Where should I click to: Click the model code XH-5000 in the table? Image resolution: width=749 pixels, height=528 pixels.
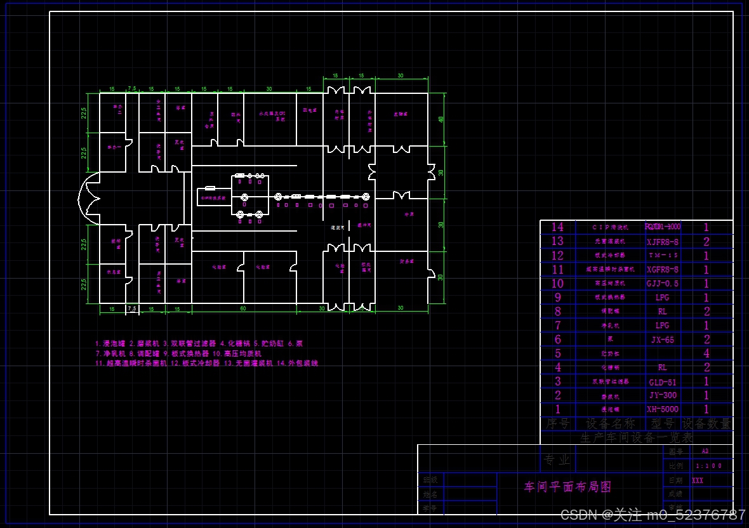pyautogui.click(x=662, y=409)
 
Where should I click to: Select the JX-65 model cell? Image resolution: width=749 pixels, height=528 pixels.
pyautogui.click(x=662, y=340)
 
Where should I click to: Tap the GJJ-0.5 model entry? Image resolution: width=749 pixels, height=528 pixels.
pyautogui.click(x=662, y=284)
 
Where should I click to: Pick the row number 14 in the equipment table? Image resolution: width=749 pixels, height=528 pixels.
pyautogui.click(x=557, y=227)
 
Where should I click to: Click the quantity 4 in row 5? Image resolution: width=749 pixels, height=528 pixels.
pyautogui.click(x=706, y=353)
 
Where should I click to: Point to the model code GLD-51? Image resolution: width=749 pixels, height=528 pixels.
pyautogui.click(x=662, y=381)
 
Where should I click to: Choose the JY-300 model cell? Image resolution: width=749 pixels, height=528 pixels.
pyautogui.click(x=662, y=395)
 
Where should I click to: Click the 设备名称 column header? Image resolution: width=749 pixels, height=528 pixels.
pyautogui.click(x=610, y=423)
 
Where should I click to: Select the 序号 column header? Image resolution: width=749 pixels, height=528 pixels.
pyautogui.click(x=557, y=423)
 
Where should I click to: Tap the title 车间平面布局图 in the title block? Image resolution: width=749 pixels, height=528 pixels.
pyautogui.click(x=567, y=487)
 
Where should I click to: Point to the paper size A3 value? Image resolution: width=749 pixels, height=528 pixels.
pyautogui.click(x=705, y=451)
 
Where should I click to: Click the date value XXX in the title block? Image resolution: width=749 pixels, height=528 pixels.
pyautogui.click(x=698, y=480)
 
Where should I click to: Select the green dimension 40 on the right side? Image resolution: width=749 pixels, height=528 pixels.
pyautogui.click(x=441, y=119)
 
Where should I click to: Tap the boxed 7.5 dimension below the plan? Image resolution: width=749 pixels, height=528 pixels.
pyautogui.click(x=132, y=308)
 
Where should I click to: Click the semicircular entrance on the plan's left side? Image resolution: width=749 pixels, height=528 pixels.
pyautogui.click(x=88, y=197)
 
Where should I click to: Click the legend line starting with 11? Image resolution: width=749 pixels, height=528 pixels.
pyautogui.click(x=206, y=364)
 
